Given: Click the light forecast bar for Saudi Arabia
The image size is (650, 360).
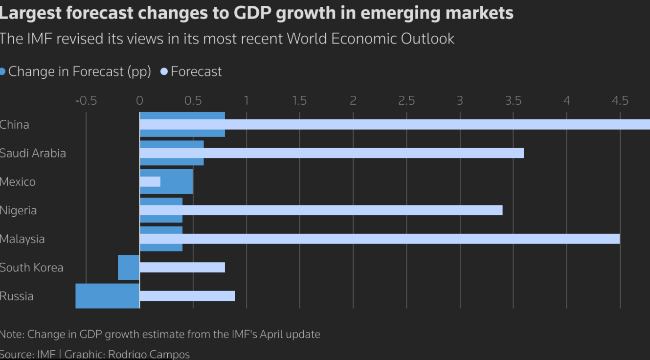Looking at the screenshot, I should [x=332, y=153].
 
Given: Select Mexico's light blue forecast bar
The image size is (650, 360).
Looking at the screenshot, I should [x=150, y=181].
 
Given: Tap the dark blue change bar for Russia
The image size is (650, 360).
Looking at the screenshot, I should [x=108, y=296].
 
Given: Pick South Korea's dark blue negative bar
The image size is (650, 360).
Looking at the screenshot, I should [x=129, y=268].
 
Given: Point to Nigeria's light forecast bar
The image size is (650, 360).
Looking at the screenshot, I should [x=321, y=210].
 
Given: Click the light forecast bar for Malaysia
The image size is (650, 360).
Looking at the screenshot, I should [x=380, y=239].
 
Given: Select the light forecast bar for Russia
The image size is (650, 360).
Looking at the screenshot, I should [x=187, y=296].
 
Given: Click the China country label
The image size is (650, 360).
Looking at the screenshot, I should [x=15, y=125].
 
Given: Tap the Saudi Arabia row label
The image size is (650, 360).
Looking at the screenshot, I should [x=33, y=153].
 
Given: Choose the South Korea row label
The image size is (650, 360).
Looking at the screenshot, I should [x=31, y=268].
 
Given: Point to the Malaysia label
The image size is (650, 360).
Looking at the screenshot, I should [x=22, y=239].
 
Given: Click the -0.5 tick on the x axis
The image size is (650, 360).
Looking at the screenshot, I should [x=86, y=101].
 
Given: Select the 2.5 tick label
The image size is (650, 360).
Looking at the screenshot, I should [x=406, y=101].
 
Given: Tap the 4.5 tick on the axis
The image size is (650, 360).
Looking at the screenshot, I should [x=620, y=101].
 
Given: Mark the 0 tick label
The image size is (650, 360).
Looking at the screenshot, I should [x=139, y=101].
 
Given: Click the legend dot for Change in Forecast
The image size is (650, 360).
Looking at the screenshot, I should [x=2, y=72].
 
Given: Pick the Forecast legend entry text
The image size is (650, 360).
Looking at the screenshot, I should [x=196, y=72].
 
